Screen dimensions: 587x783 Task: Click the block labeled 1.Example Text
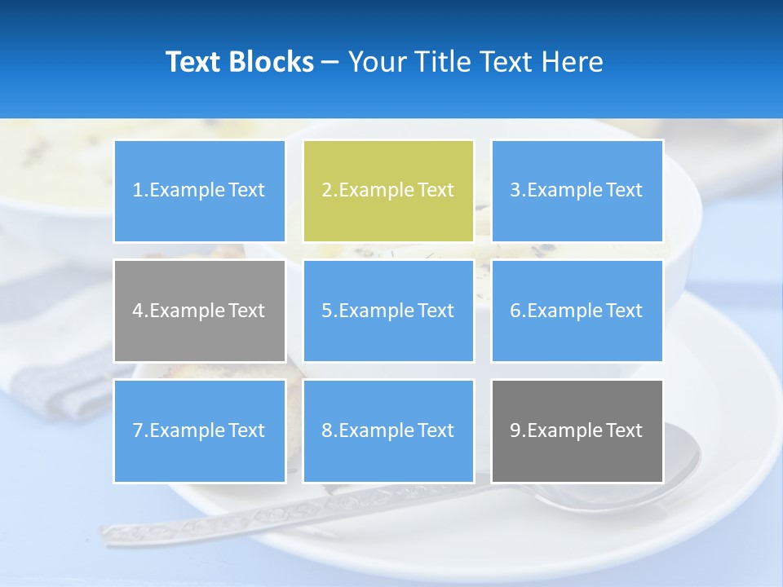[199, 191]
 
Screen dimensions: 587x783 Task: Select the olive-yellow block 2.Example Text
[388, 191]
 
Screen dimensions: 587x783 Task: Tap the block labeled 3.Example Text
[577, 191]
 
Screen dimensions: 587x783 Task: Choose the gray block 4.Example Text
[199, 311]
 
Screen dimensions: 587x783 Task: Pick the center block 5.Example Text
[388, 311]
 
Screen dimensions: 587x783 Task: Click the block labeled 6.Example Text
[577, 311]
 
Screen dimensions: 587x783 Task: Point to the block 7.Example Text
[199, 430]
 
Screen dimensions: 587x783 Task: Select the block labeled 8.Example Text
[388, 430]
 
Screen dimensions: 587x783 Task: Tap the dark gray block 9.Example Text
[577, 430]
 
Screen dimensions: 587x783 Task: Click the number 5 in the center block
[326, 311]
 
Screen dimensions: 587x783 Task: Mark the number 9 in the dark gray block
[515, 430]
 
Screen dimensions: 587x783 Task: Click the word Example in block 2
[374, 191]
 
